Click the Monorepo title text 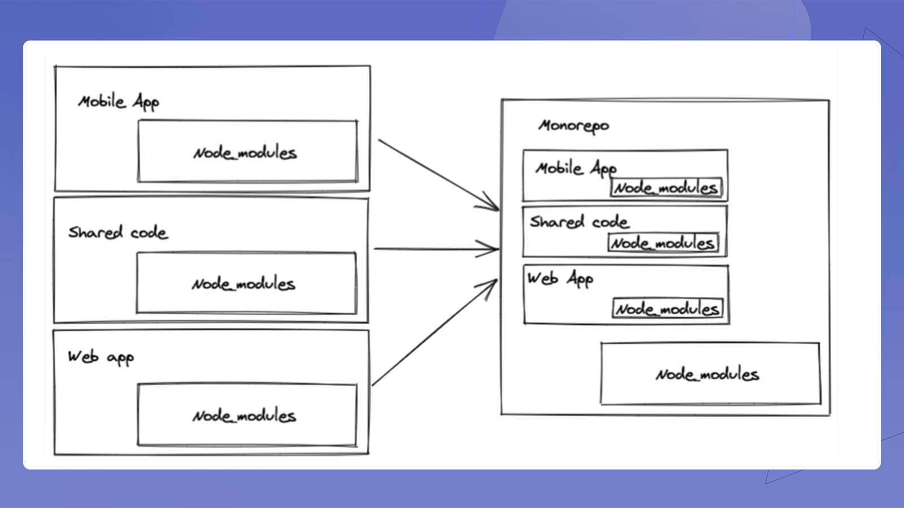click(x=573, y=126)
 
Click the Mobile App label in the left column click(x=119, y=102)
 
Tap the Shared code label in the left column click(x=118, y=232)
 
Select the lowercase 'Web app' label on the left click(x=101, y=358)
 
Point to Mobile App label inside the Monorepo click(x=576, y=169)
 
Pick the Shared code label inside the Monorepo click(x=579, y=222)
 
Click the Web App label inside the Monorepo click(x=560, y=279)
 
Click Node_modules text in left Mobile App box click(x=245, y=153)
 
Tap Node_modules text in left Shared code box click(x=244, y=284)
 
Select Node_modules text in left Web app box click(x=244, y=415)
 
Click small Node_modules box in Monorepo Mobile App click(x=666, y=187)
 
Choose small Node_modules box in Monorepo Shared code click(x=663, y=243)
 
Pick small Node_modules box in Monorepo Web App click(x=668, y=309)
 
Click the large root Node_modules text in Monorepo click(x=707, y=375)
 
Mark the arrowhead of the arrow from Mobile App click(x=499, y=210)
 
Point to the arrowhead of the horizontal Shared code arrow click(x=499, y=249)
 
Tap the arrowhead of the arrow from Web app click(x=497, y=280)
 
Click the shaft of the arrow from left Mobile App click(x=438, y=174)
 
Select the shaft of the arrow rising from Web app click(x=434, y=332)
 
